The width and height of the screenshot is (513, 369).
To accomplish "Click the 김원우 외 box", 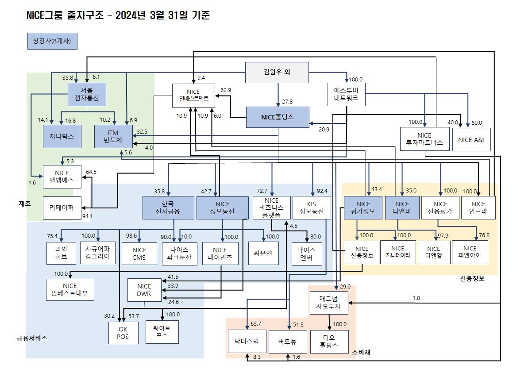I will click(277, 72).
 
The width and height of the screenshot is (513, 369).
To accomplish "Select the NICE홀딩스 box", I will click(278, 117).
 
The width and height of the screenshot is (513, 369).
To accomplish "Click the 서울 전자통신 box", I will click(87, 94).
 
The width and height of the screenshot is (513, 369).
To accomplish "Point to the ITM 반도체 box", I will click(113, 136).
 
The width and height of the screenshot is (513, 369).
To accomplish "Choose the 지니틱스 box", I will click(62, 136).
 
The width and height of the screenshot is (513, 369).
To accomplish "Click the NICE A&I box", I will click(471, 139).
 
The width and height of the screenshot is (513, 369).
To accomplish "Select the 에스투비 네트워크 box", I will click(347, 94).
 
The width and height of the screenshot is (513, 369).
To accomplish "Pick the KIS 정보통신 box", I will click(312, 208).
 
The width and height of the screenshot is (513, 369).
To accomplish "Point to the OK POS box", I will click(123, 332).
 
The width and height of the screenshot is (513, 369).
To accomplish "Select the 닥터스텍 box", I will click(247, 341).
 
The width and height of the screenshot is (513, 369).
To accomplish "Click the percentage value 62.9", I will click(226, 90).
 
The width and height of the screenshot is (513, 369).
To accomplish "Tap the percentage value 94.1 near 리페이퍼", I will click(88, 216).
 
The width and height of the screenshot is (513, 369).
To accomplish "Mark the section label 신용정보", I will click(472, 279).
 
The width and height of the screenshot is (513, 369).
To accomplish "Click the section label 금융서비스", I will click(32, 338).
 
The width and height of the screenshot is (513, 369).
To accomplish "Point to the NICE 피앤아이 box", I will click(470, 252).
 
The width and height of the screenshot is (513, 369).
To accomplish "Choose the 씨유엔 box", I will click(263, 253).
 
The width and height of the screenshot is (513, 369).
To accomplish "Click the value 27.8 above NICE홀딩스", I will click(287, 102).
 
